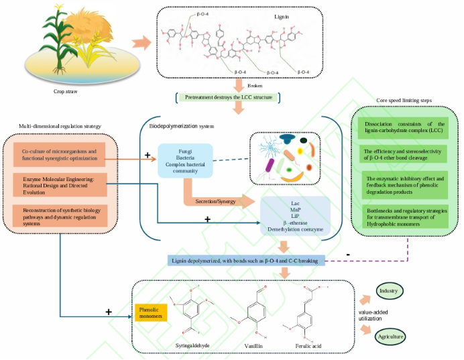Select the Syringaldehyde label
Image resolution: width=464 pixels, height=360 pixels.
click(192, 345)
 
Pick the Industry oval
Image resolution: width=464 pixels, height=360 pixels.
click(388, 291)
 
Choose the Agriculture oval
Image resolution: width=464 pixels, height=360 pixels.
click(393, 335)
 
